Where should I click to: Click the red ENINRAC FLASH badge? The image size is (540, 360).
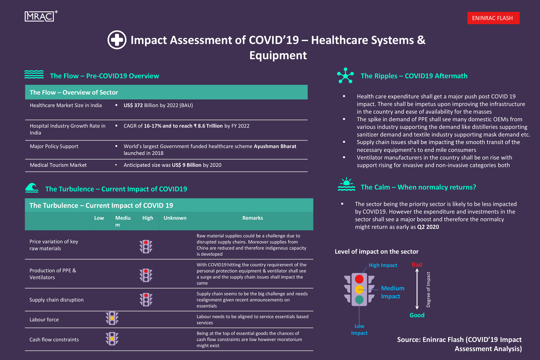point(493,18)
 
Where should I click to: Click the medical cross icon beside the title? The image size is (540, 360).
point(117,40)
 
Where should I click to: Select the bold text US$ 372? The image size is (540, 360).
point(133,105)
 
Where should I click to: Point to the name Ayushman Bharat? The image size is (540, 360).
point(275,147)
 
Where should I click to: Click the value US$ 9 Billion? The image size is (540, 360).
point(186,165)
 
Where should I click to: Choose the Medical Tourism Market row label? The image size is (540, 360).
point(58,165)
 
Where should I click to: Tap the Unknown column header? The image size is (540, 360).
point(175,218)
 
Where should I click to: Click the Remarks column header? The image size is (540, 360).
point(252,218)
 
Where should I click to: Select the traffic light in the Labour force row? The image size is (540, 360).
point(112,318)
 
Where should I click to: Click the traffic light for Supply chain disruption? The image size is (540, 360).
point(146,300)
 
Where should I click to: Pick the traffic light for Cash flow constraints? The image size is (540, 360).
point(112,339)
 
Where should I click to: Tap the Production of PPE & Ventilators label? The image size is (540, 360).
point(53,274)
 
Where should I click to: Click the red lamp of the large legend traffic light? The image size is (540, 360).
point(359,279)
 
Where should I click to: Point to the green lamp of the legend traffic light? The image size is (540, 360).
point(359,300)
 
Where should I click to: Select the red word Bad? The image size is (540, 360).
point(417,265)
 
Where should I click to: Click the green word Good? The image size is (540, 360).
point(417,315)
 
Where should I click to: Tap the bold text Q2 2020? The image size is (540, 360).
point(428,227)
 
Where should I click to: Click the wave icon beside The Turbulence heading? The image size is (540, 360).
point(32,188)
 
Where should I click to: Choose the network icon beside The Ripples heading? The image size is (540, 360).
point(345,76)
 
